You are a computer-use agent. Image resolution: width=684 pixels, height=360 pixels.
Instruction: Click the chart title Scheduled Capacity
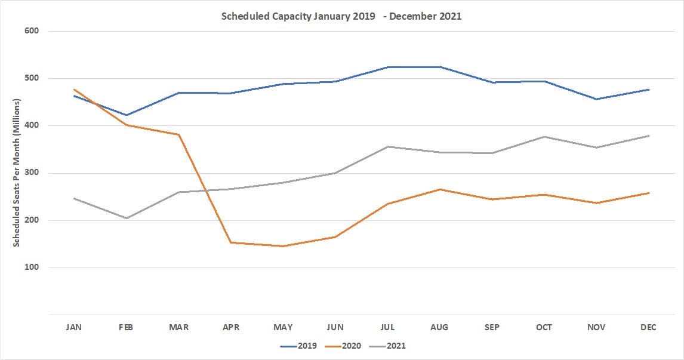coord(341,16)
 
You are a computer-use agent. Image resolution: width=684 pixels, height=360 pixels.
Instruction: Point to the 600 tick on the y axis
coord(32,31)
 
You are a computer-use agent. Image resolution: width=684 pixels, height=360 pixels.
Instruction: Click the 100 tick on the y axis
coord(32,267)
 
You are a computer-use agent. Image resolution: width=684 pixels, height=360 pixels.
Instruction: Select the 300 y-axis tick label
coord(32,173)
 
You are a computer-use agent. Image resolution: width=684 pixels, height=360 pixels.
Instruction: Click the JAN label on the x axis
coord(75,327)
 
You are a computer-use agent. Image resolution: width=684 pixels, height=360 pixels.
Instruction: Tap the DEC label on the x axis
coord(649,327)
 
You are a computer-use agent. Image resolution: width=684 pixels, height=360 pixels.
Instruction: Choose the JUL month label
coord(388,327)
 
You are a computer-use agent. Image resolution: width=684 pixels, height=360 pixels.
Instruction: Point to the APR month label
coord(231,327)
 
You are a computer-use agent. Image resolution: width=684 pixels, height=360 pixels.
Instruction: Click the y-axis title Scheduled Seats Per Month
coord(17,173)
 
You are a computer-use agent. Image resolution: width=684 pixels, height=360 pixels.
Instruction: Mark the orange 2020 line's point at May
coord(284,246)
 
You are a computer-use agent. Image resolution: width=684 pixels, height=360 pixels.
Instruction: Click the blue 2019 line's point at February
coord(127,115)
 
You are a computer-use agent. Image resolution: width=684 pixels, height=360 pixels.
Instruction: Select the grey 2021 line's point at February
coord(127,218)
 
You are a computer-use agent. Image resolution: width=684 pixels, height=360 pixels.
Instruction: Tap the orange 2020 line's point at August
coord(440,189)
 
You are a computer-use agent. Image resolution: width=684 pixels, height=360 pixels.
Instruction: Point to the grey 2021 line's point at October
coord(544,137)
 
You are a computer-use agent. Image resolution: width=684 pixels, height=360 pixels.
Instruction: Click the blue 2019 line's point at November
coord(596,99)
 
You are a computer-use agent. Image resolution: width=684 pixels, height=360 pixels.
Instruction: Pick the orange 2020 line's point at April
coord(231,242)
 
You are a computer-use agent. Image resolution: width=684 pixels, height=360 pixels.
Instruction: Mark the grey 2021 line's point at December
coord(649,136)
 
